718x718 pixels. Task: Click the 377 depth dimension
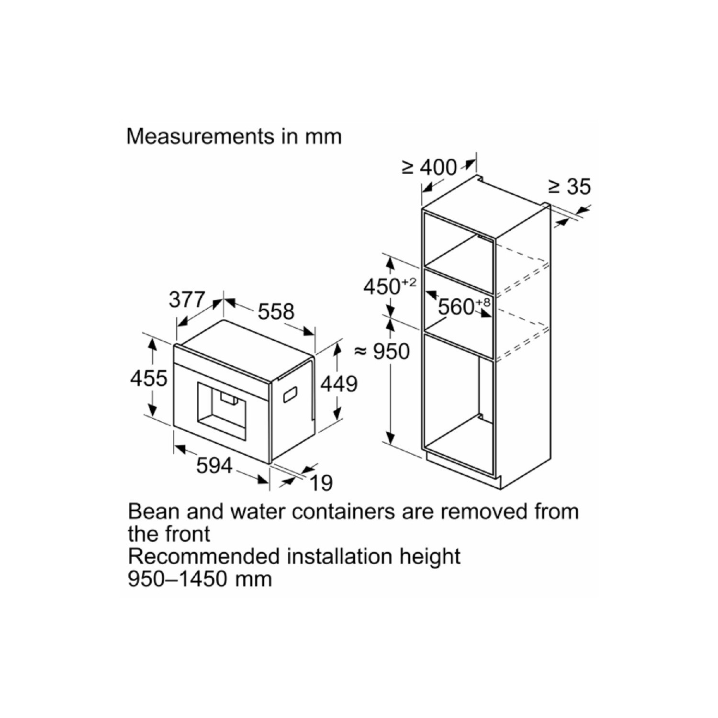click(x=187, y=300)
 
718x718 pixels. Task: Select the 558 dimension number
click(x=276, y=312)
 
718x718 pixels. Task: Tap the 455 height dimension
click(x=149, y=378)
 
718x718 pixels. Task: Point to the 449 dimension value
click(x=339, y=384)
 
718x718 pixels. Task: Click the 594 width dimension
click(x=214, y=465)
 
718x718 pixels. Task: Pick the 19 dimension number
click(x=321, y=483)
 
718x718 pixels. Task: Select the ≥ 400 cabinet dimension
click(x=430, y=168)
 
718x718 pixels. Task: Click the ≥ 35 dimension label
click(x=570, y=187)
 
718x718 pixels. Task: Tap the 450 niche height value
click(x=382, y=287)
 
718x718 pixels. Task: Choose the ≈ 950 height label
click(x=382, y=352)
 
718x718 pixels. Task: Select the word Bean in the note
click(x=153, y=512)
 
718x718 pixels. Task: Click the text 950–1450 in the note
click(x=178, y=579)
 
